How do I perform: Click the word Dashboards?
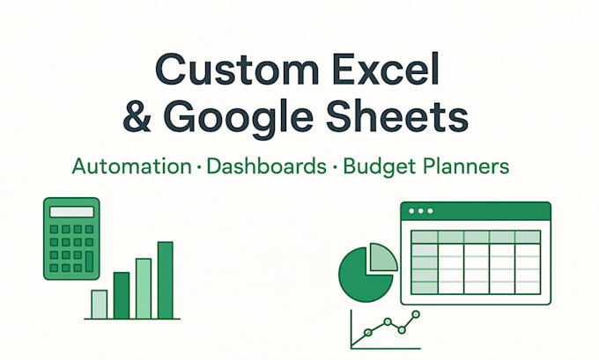(x=263, y=165)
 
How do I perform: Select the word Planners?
(x=465, y=165)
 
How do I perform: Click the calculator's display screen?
(x=70, y=211)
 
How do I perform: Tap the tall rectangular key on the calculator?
(x=89, y=261)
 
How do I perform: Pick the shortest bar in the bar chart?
(x=100, y=304)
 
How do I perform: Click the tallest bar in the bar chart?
(x=165, y=279)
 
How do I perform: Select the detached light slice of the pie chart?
(x=381, y=257)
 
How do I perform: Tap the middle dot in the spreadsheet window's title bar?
(x=420, y=212)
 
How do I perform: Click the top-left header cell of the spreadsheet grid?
(x=425, y=237)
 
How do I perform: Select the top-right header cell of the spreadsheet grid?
(x=527, y=237)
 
